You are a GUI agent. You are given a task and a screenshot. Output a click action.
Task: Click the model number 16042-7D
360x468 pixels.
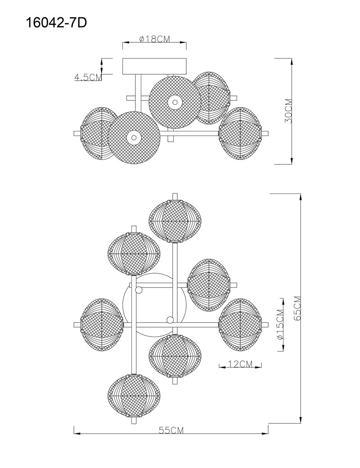click(57, 22)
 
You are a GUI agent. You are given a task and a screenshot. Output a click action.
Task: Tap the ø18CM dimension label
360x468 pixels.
click(154, 39)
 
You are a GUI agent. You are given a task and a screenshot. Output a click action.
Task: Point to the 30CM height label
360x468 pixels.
click(288, 111)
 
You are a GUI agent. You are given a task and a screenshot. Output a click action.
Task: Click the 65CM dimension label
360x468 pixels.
click(297, 308)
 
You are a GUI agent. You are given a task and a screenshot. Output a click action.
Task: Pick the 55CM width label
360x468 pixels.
click(171, 430)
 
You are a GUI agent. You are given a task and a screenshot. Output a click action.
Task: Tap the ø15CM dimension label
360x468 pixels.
click(280, 324)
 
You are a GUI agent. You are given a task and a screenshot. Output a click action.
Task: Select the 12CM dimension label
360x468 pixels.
click(240, 364)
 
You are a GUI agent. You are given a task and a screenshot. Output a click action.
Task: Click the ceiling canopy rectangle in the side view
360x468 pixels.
click(155, 66)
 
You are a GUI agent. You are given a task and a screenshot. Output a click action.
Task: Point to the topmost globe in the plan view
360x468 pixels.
click(175, 221)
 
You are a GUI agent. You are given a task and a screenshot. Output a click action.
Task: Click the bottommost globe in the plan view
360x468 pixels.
click(134, 396)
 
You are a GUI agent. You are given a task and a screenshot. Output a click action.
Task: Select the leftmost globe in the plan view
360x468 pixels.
click(102, 325)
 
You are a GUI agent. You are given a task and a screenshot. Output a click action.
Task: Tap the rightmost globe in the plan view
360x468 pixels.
click(240, 325)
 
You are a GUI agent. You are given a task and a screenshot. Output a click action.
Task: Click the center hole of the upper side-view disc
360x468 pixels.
click(175, 102)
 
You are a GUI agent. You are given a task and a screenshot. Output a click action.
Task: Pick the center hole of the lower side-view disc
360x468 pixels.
click(134, 138)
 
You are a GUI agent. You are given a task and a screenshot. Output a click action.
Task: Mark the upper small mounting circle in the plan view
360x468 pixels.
click(139, 290)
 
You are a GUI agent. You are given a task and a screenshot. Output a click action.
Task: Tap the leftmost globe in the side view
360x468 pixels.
click(99, 133)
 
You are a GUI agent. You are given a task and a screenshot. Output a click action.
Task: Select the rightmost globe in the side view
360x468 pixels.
click(240, 133)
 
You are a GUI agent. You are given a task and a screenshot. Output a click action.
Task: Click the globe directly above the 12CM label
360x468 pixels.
click(240, 325)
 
